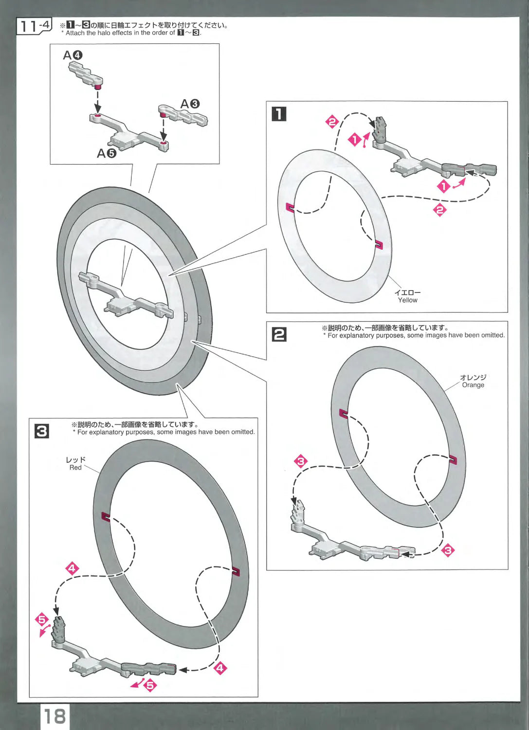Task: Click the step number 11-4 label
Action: pyautogui.click(x=34, y=26)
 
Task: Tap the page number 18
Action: pyautogui.click(x=55, y=716)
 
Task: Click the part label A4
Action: pyautogui.click(x=73, y=55)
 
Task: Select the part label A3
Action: pyautogui.click(x=190, y=104)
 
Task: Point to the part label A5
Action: pyautogui.click(x=107, y=153)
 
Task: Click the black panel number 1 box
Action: pyautogui.click(x=279, y=114)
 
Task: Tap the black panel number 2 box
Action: pyautogui.click(x=279, y=334)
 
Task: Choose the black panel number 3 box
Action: pyautogui.click(x=42, y=431)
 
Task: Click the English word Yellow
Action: pyautogui.click(x=407, y=300)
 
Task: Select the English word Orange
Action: pyautogui.click(x=473, y=385)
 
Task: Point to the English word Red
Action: pyautogui.click(x=75, y=468)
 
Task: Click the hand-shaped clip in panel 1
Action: pyautogui.click(x=380, y=129)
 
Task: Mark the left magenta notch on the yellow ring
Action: pyautogui.click(x=290, y=207)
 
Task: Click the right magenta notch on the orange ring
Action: pyautogui.click(x=453, y=459)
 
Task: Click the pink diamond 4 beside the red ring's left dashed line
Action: pyautogui.click(x=72, y=568)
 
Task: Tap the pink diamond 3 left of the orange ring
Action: pyautogui.click(x=301, y=461)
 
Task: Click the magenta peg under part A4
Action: pyautogui.click(x=98, y=87)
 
